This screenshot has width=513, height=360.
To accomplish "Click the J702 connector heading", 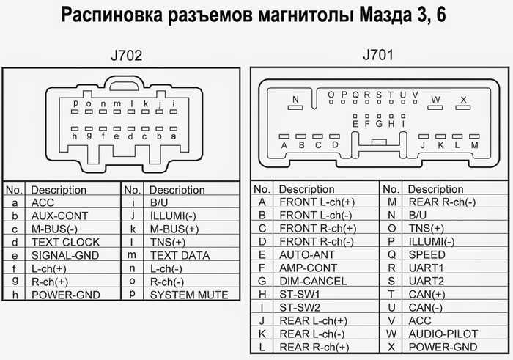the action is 127,56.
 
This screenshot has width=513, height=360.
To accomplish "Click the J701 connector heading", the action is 378,55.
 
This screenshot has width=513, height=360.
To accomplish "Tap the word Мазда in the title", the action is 385,15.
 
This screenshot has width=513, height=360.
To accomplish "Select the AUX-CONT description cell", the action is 59,216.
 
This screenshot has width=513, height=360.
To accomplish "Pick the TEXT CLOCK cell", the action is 65,242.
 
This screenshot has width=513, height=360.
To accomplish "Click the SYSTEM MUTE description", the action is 189,295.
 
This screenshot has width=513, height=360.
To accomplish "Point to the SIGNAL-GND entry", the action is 65,255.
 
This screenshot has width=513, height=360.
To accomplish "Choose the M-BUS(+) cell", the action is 174,229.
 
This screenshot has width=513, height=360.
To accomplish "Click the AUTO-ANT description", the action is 307,254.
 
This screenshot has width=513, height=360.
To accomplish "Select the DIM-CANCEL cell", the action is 313,281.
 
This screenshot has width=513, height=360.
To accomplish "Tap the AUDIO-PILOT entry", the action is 443,334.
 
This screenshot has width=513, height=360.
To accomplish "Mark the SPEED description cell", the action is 427,254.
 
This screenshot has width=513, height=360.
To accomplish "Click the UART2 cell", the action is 427,281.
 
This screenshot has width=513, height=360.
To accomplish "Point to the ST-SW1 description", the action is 299,294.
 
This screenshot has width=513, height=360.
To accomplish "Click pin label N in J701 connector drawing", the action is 295,99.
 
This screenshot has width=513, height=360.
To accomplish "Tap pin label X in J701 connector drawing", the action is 463,99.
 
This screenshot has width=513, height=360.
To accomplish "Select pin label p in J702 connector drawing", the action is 75,103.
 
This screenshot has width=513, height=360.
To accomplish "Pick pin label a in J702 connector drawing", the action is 174,136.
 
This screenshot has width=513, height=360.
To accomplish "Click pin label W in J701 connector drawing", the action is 435,99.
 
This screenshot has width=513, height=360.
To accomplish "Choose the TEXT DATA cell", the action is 180,255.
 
